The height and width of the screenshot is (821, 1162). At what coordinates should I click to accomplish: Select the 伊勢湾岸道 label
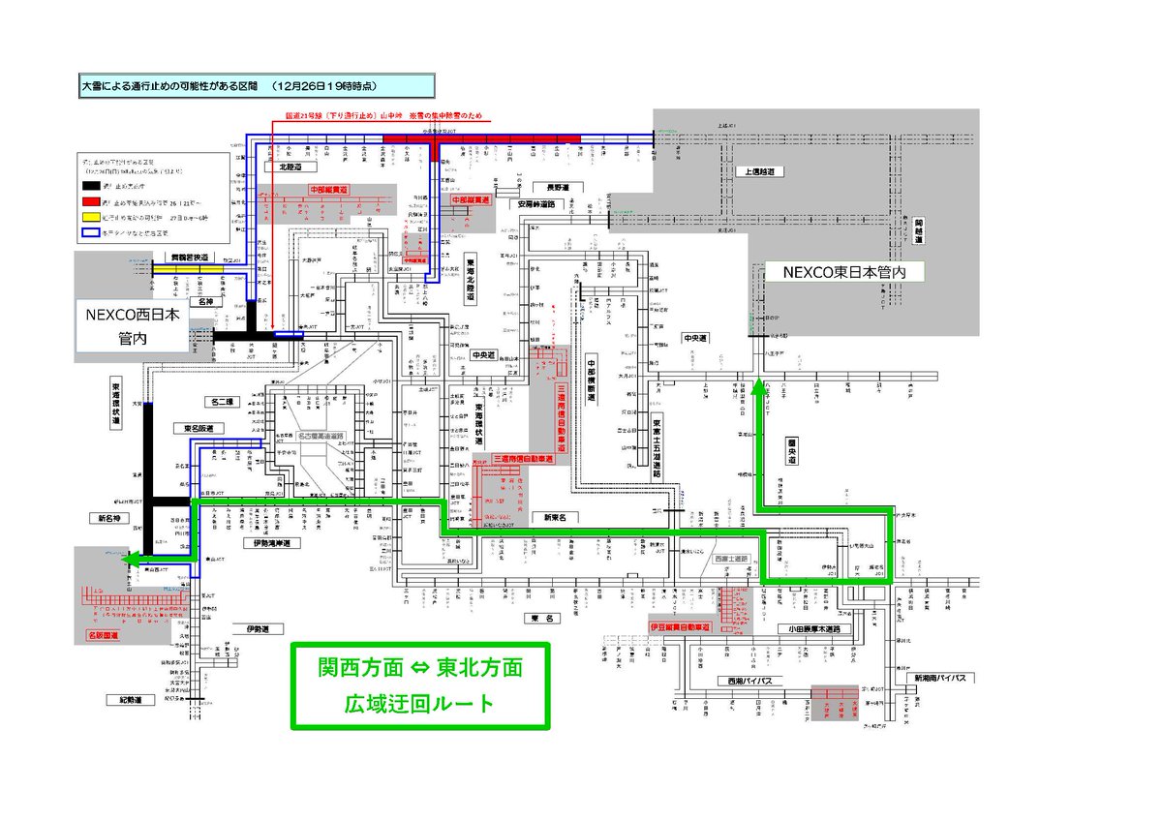click(271, 544)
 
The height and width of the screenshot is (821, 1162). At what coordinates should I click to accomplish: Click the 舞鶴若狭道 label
click(184, 258)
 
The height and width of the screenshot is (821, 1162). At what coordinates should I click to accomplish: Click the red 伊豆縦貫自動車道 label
click(680, 627)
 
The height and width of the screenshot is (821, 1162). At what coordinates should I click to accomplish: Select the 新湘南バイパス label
click(942, 678)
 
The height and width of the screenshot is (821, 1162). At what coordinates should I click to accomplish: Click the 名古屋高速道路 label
click(325, 437)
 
